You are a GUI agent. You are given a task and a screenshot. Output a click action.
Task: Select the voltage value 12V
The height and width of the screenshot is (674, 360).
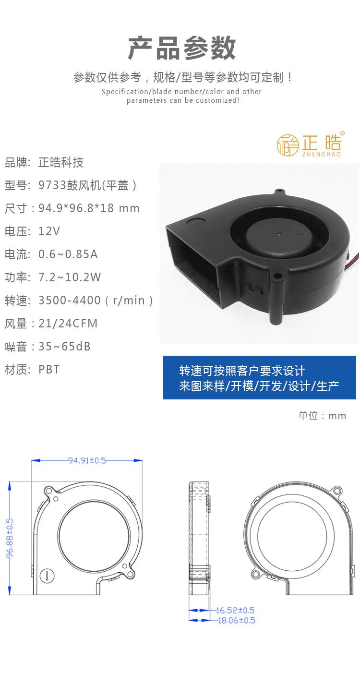[x=49, y=231]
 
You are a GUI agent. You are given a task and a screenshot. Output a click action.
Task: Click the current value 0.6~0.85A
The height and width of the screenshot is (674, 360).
[x=68, y=254]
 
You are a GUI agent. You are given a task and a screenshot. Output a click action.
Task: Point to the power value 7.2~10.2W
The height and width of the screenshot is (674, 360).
[x=70, y=277]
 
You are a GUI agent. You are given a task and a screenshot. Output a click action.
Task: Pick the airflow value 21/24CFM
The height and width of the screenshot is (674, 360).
[x=68, y=324]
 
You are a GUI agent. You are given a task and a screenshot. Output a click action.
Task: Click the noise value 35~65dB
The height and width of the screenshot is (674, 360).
[x=64, y=347]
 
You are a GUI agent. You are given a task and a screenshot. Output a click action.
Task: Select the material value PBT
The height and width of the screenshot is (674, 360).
[x=49, y=370]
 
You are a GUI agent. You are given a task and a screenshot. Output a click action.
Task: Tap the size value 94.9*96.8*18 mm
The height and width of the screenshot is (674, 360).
[x=89, y=208]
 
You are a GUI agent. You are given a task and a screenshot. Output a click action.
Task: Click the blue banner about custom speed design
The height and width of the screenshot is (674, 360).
[x=259, y=378]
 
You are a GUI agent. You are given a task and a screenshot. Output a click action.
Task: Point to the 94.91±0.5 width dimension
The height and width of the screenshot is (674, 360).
[x=86, y=460]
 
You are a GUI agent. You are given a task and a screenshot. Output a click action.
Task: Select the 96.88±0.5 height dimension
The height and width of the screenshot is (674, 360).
[x=10, y=538]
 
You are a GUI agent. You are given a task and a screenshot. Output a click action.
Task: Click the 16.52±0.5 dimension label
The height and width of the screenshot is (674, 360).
[x=235, y=611]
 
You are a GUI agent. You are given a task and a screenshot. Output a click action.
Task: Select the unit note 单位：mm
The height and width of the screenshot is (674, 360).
[x=322, y=416]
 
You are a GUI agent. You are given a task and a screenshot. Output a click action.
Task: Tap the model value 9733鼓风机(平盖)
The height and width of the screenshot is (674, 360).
[x=88, y=185]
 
